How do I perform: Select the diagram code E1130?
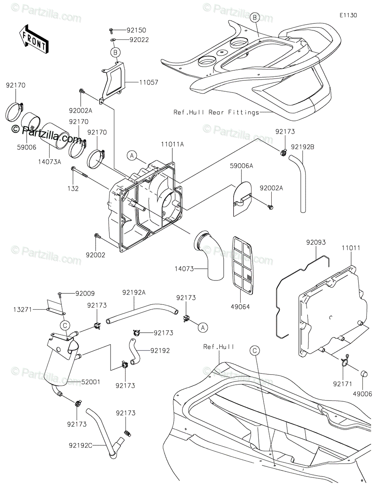point(348,15)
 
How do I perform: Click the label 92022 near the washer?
point(139,40)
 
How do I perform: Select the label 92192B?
point(302,147)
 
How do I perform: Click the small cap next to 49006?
point(363,372)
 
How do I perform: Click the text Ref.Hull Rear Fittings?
point(216,112)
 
